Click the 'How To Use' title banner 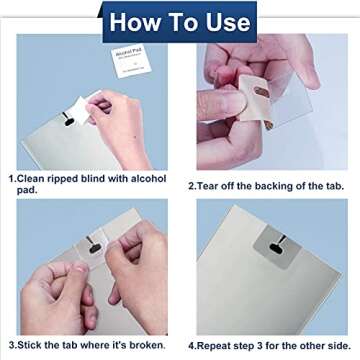(179, 21)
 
